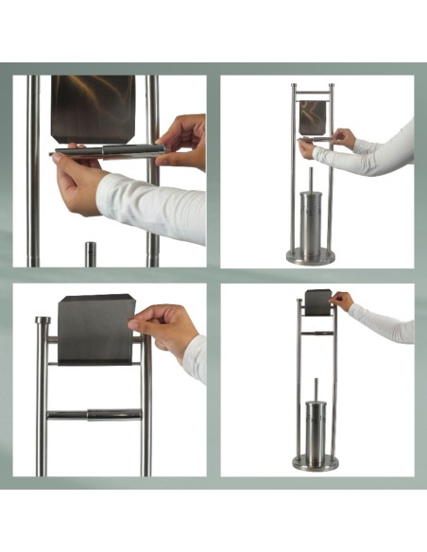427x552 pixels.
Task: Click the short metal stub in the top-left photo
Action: pos(91,253)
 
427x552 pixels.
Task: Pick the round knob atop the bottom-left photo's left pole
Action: pos(43,321)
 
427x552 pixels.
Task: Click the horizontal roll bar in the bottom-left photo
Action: pos(94,414)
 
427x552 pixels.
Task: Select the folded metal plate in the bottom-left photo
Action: pos(96,329)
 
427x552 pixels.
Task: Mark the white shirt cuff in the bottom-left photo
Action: pos(196,357)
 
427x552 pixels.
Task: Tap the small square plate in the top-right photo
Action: pos(312,116)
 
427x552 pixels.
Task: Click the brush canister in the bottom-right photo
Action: pos(316,430)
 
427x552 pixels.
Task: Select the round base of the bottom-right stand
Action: pos(315,462)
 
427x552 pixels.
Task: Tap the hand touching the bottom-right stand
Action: pos(341,301)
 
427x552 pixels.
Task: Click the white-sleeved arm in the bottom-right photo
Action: pos(383,322)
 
